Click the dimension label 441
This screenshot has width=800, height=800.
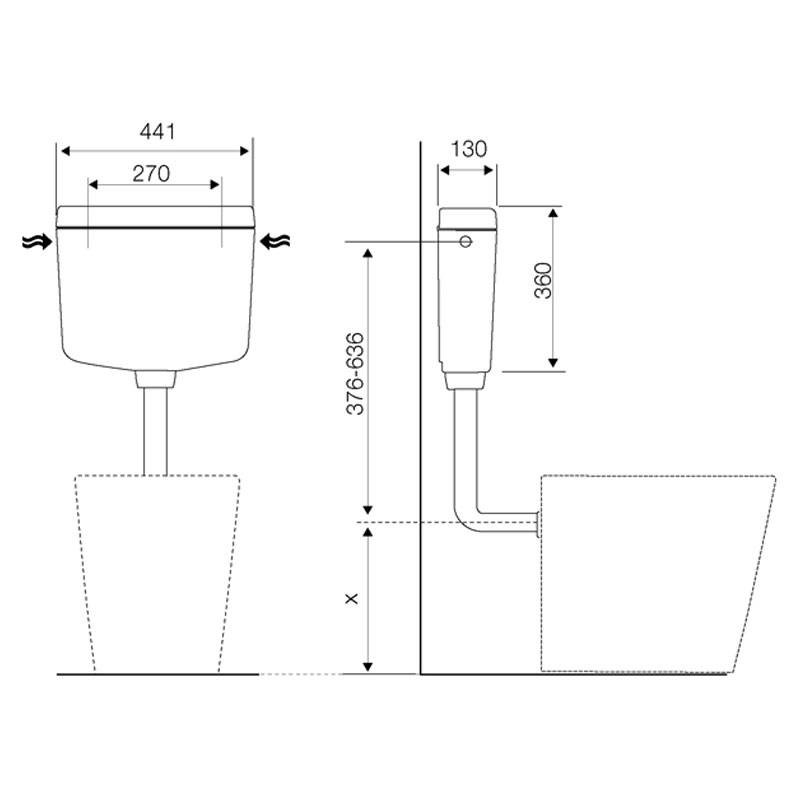[x=158, y=132]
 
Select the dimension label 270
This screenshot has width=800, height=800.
[x=151, y=174]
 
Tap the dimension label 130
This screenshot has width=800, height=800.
[x=468, y=149]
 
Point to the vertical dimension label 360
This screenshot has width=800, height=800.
[x=543, y=280]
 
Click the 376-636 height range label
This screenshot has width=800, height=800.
[x=355, y=373]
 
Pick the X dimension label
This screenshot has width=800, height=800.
[x=352, y=598]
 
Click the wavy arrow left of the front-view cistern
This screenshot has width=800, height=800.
[x=37, y=241]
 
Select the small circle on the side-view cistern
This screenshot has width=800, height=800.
[x=465, y=241]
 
